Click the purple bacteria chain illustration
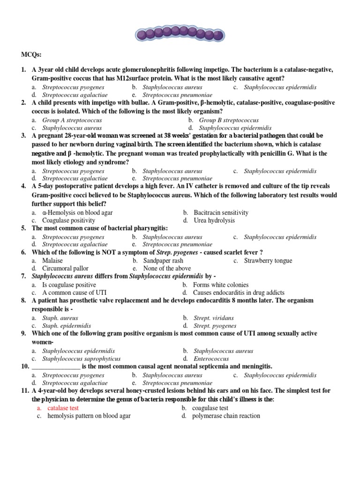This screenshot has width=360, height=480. tap(180, 33)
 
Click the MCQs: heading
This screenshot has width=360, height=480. tap(30, 55)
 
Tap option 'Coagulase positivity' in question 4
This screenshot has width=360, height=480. tap(68, 220)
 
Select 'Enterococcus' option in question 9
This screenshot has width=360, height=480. tap(210, 359)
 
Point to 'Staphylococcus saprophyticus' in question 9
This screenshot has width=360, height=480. tap(81, 359)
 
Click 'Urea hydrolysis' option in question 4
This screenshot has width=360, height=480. tap(214, 220)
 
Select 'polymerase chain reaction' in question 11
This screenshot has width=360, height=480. tap(226, 416)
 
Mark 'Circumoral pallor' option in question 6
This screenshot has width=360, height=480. tap(65, 268)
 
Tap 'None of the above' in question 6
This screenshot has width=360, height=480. tap(167, 268)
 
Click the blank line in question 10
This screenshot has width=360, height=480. tap(56, 367)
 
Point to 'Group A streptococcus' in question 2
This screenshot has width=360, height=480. tap(72, 120)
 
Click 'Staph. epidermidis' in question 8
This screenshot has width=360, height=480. tap(67, 325)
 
